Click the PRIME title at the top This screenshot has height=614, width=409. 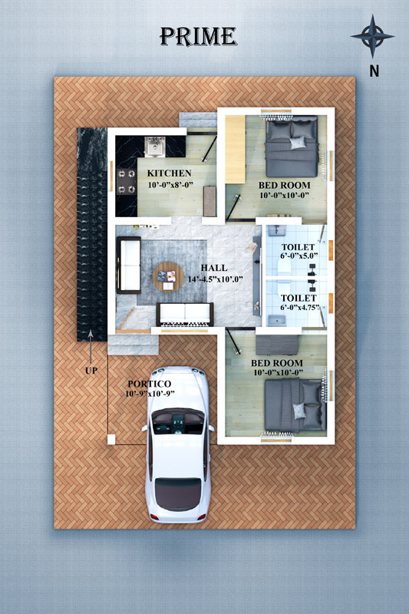198,37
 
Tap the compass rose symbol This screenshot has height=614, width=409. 372,36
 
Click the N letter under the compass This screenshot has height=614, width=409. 374,71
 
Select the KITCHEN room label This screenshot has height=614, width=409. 169,173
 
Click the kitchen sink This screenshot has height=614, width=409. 155,147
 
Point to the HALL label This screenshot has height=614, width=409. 214,268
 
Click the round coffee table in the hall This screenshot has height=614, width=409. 168,277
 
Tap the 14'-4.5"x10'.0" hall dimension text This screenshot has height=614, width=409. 215,279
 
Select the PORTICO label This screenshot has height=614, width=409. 150,385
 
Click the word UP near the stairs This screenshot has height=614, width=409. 91,371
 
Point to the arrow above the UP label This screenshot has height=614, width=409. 91,346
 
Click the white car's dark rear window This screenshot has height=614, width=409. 178,494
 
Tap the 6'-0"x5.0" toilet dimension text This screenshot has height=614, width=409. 299,256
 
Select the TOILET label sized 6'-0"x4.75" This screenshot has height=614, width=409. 299,299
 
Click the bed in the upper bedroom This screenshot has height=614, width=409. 292,147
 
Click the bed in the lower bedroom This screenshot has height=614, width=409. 295,405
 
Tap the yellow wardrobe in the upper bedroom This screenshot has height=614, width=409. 235,149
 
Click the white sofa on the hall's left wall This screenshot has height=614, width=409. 129,265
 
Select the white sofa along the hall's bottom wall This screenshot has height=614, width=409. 185,314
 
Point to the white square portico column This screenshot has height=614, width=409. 111,439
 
